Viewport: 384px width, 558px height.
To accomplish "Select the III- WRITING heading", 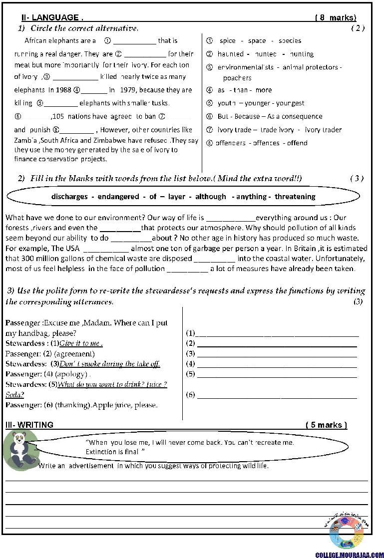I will [29, 425].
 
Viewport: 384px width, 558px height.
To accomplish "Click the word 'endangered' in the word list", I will [118, 197].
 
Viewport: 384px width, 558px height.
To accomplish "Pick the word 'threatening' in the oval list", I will [295, 197].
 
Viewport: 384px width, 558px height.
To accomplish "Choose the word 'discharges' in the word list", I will [69, 197].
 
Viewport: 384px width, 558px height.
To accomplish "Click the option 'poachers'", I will [237, 78].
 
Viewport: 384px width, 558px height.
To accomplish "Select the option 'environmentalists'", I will [246, 67].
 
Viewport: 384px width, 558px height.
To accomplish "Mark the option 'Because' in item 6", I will [248, 116].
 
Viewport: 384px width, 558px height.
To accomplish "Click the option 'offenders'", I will [231, 143].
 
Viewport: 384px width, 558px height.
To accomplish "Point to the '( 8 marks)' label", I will [336, 18].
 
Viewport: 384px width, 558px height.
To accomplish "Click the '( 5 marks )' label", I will [326, 425].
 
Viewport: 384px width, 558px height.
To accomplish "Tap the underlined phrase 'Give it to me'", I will [81, 343].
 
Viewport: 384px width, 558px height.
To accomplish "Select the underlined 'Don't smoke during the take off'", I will [109, 364].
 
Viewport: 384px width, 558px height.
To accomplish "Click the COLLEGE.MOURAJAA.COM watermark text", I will [349, 555].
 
